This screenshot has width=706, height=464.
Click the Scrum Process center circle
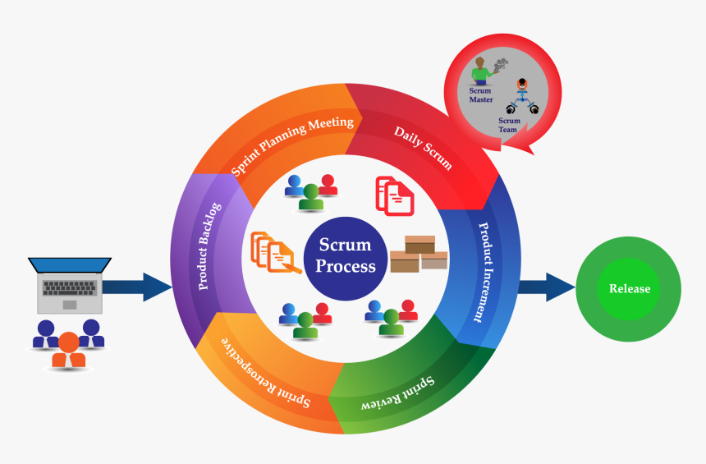(x=346, y=255)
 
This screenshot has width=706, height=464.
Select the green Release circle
(x=629, y=289)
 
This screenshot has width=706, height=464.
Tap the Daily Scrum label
(x=422, y=147)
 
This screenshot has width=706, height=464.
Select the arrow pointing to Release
(x=546, y=287)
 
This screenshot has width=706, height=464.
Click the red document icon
(x=394, y=195)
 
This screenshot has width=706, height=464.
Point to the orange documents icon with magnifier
(x=272, y=251)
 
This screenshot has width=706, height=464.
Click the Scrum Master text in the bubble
(x=481, y=94)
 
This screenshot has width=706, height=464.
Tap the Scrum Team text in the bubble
(x=509, y=124)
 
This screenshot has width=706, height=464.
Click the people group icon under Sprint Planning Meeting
(x=311, y=191)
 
